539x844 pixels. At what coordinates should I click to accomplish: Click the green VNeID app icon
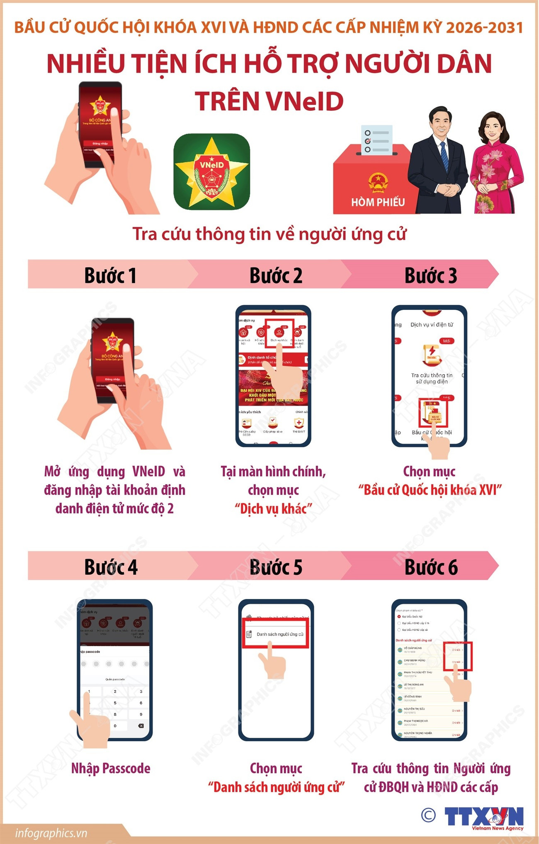coord(211,171)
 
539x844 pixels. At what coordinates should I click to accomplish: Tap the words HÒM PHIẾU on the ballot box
coord(378,202)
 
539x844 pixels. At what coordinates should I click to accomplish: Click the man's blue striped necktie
coord(444,156)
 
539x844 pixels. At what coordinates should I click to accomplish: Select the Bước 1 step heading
coord(110,275)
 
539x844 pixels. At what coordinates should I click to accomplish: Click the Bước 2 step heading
coord(276,275)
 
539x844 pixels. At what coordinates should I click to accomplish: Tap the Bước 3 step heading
coord(431,275)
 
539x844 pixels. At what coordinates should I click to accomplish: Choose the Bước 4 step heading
coord(111,567)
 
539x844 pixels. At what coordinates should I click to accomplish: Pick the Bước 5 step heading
coord(276,567)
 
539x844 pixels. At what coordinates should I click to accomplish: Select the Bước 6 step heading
coord(431,567)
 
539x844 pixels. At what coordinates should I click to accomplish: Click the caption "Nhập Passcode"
coord(111,769)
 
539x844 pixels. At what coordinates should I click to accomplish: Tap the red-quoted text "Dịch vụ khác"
coord(273,508)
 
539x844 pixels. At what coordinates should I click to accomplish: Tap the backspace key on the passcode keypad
coord(141,726)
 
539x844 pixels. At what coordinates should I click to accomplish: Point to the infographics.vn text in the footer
coord(51,833)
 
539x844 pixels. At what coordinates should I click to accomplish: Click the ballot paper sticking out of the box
coord(376,139)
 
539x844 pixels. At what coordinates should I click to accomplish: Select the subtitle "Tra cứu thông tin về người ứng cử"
coord(269,234)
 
